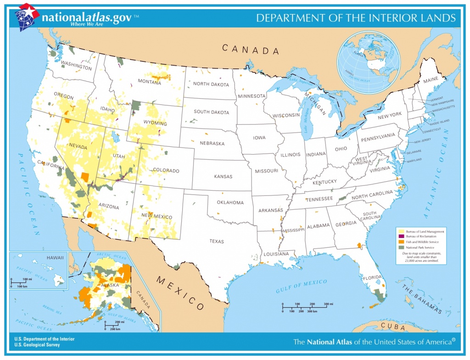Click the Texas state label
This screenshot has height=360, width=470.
click(217, 241)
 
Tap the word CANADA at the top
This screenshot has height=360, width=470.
click(251, 49)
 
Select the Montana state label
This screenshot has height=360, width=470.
click(149, 82)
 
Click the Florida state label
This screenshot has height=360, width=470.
click(372, 278)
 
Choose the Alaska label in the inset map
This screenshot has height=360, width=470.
click(110, 285)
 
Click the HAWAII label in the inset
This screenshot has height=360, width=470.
click(55, 258)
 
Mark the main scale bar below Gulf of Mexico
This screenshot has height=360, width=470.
click(304, 307)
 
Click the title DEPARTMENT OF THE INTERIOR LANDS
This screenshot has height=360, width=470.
click(356, 18)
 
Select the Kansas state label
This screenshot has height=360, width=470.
click(223, 176)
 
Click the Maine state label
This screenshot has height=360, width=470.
click(431, 81)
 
